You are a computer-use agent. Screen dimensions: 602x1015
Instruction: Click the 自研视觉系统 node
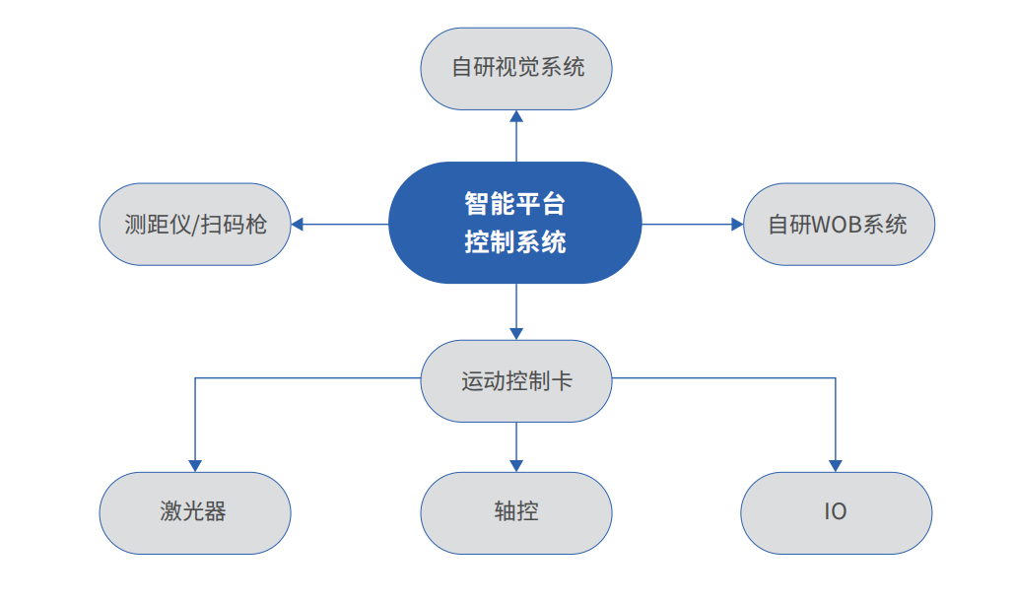tap(516, 68)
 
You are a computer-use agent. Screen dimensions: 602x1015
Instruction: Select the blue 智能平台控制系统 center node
tap(515, 224)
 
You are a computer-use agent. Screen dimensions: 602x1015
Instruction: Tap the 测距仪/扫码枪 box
tap(195, 224)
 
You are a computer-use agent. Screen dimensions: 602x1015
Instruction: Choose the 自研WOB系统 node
tap(838, 224)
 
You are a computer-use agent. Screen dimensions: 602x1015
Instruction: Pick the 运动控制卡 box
tap(516, 381)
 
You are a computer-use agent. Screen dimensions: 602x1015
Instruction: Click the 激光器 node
tap(195, 512)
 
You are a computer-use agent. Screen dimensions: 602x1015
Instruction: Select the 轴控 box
tap(516, 512)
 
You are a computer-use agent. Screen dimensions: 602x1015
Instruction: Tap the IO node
tap(836, 512)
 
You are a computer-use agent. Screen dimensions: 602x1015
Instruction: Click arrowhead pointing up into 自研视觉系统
tap(516, 116)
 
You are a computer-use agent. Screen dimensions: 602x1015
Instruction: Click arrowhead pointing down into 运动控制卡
tap(516, 333)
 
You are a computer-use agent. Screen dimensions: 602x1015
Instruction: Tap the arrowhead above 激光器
tap(195, 465)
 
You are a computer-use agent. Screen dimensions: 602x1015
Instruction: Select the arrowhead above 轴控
tap(516, 465)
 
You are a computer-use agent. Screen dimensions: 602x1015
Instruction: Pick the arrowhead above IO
tap(836, 465)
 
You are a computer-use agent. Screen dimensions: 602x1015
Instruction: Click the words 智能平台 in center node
tap(515, 205)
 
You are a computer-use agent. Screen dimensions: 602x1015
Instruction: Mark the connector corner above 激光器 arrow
tap(195, 377)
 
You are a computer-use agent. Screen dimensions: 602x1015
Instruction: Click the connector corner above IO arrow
tap(836, 377)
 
